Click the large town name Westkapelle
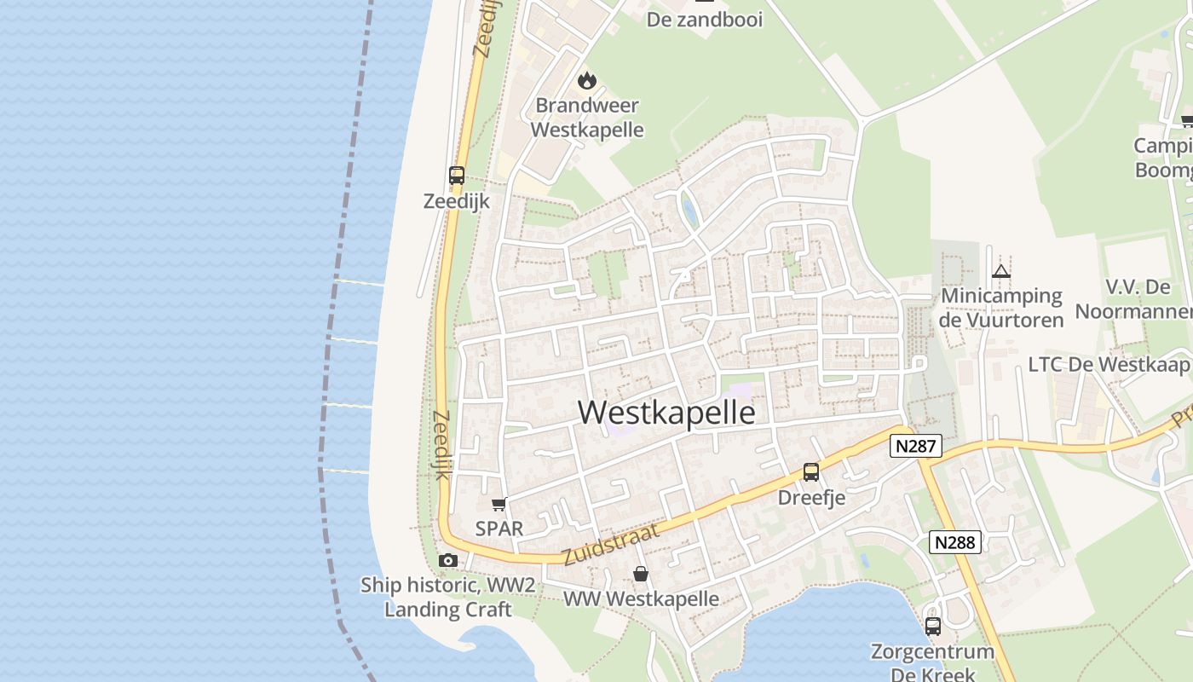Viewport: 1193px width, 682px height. pyautogui.click(x=666, y=413)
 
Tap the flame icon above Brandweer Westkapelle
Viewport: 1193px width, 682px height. pyautogui.click(x=586, y=80)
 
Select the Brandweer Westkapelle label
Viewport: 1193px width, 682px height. pyautogui.click(x=586, y=118)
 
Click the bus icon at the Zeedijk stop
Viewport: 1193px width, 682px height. pyautogui.click(x=457, y=176)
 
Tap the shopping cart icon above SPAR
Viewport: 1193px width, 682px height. pyautogui.click(x=499, y=504)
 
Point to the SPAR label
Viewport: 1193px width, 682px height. pyautogui.click(x=499, y=529)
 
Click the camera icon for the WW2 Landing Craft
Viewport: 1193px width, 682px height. pyautogui.click(x=448, y=560)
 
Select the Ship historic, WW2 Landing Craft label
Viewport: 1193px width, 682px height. pyautogui.click(x=448, y=597)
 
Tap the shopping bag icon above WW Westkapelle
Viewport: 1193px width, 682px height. pyautogui.click(x=641, y=574)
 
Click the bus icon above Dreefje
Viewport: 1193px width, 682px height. pyautogui.click(x=811, y=471)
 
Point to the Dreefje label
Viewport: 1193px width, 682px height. pyautogui.click(x=811, y=497)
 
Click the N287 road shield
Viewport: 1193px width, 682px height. pyautogui.click(x=916, y=445)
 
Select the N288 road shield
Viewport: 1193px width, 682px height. pyautogui.click(x=955, y=542)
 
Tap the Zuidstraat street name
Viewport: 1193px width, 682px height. pyautogui.click(x=611, y=545)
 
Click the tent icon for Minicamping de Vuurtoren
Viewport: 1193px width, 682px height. pyautogui.click(x=1001, y=272)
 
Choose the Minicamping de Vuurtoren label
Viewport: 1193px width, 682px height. pyautogui.click(x=1001, y=308)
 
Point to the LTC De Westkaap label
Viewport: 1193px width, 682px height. pyautogui.click(x=1108, y=365)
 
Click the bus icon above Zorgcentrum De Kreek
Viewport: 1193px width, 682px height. pyautogui.click(x=933, y=626)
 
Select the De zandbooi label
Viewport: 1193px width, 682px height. pyautogui.click(x=705, y=19)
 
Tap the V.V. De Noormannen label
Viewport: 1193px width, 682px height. pyautogui.click(x=1133, y=298)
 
